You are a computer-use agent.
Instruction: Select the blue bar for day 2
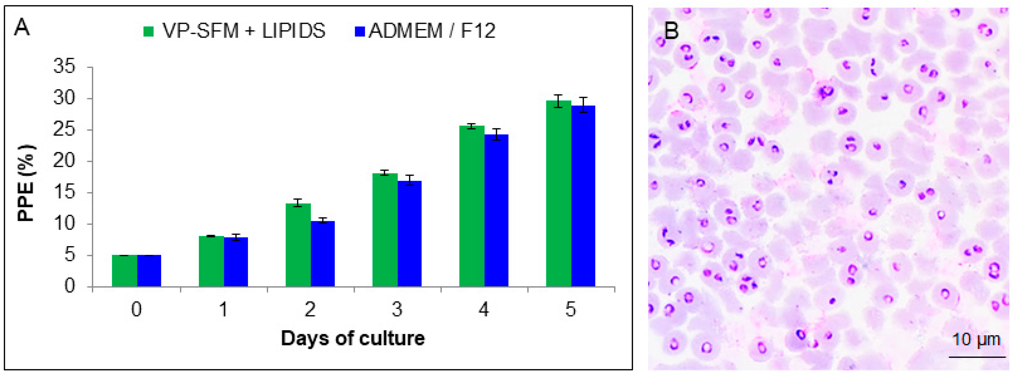[x=323, y=253]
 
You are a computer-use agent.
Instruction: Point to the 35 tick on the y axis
[x=64, y=67]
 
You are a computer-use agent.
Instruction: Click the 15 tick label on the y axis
[x=64, y=193]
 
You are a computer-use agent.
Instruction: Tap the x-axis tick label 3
[x=397, y=310]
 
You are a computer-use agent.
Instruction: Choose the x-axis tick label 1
[x=223, y=310]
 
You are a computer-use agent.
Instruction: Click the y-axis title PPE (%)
[x=26, y=183]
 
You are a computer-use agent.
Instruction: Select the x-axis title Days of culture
[x=353, y=338]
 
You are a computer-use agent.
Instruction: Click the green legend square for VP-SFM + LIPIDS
[x=149, y=31]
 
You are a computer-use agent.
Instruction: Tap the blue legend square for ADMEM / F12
[x=360, y=31]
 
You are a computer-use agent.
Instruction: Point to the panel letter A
[x=22, y=28]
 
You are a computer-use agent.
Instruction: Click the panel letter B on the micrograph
[x=671, y=30]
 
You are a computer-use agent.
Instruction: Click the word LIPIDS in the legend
[x=294, y=31]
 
